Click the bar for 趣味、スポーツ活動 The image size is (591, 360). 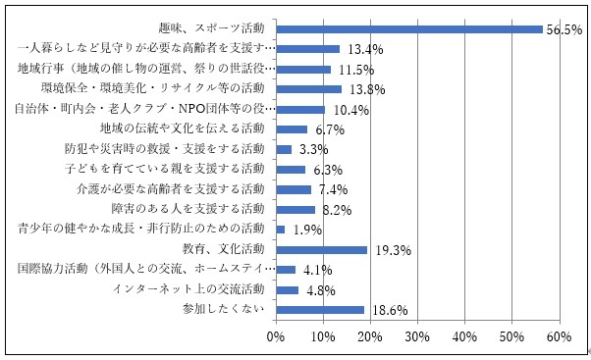coord(408,28)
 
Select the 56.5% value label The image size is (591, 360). coord(564,29)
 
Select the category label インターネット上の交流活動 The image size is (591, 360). coord(188,289)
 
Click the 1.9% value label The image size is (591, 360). coord(300,231)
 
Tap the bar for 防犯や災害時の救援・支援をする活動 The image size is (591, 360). coord(284,149)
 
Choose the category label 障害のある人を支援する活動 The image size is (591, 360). coord(197,209)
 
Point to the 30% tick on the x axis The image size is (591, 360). coord(417,337)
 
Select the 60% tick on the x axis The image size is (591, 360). coord(559,337)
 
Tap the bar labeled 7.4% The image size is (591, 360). coord(294,189)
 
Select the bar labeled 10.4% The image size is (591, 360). coord(300,109)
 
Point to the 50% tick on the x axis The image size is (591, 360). coord(511,337)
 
